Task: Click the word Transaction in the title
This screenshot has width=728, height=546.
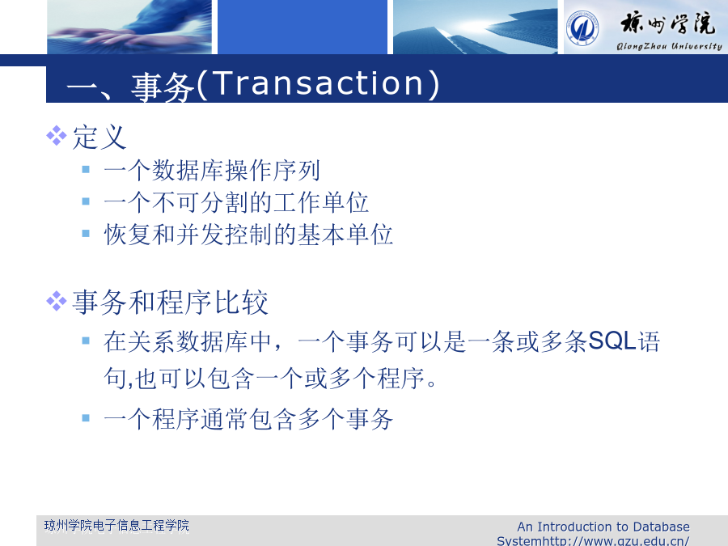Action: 319,83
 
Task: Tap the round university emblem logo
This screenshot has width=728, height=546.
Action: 582,28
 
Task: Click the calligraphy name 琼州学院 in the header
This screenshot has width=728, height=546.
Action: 667,23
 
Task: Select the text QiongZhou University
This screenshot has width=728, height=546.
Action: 669,46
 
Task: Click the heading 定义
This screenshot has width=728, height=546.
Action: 99,137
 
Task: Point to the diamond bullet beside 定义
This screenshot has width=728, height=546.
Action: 57,136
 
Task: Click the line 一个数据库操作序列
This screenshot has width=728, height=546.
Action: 212,171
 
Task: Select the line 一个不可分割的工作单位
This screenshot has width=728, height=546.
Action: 236,202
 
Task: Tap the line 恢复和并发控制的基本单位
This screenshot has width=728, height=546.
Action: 248,234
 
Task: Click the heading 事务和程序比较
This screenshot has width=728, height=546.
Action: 171,303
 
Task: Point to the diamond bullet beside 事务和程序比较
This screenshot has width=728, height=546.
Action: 57,301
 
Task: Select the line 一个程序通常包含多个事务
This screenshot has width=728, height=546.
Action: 248,419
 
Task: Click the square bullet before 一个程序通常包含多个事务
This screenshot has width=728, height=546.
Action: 86,418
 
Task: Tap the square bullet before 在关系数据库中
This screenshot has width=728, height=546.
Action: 86,341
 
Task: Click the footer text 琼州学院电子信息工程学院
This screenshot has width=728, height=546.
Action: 116,526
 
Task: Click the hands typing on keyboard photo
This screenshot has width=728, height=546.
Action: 129,27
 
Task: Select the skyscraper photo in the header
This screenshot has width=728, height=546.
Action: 475,27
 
